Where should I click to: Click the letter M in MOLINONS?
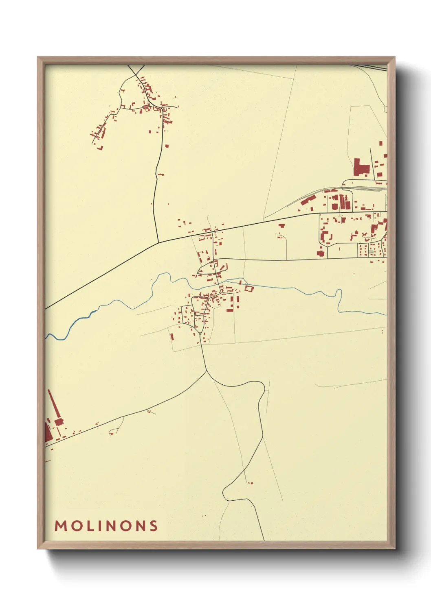(x=61, y=526)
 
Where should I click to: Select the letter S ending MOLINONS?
(x=153, y=526)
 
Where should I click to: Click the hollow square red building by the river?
(x=249, y=289)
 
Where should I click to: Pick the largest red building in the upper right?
(x=361, y=167)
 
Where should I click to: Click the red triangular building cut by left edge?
(x=48, y=433)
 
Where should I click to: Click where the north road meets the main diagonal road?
(x=158, y=242)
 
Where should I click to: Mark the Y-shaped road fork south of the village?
(x=207, y=371)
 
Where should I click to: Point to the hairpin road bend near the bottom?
(x=225, y=493)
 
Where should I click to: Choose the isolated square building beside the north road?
(x=167, y=146)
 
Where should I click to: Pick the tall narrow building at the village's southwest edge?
(x=172, y=336)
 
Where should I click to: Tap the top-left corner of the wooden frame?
(x=38, y=57)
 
